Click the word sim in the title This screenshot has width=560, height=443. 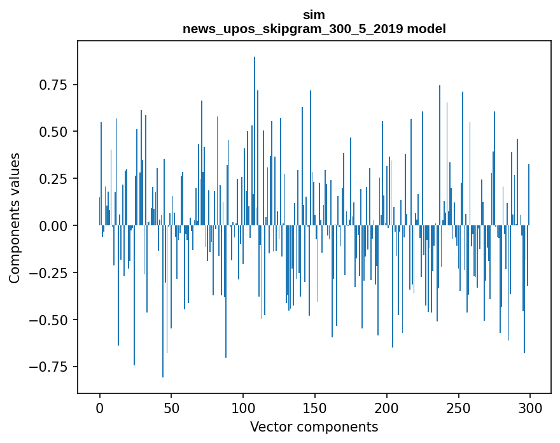click(x=314, y=15)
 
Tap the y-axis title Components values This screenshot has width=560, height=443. click(x=15, y=218)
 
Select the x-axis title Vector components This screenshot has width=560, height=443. click(x=314, y=427)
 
